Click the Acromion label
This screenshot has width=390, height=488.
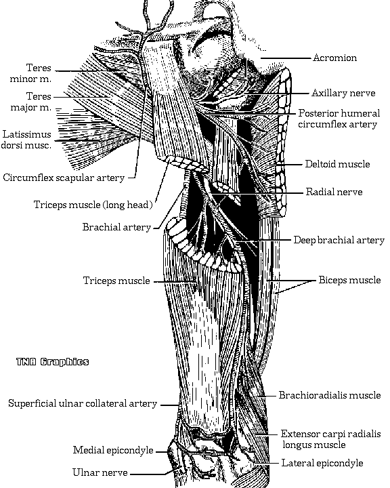[334, 58]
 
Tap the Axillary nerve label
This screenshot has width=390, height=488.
[343, 93]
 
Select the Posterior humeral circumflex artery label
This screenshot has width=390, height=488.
[339, 119]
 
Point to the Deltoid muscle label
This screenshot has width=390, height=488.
[337, 164]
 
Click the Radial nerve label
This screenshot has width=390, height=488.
[334, 192]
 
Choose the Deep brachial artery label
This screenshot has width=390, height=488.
[339, 240]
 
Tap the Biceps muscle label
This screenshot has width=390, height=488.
[349, 280]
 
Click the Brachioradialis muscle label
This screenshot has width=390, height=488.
[330, 395]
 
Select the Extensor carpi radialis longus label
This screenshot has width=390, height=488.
[331, 439]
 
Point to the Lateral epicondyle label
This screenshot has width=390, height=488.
[322, 463]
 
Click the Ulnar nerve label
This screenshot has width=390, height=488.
[100, 472]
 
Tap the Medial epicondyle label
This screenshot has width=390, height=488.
[113, 450]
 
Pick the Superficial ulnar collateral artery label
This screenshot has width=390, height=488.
[83, 404]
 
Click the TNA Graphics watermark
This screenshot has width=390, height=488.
[53, 362]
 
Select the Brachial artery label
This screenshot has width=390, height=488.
[116, 227]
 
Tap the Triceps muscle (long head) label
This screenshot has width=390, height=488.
[93, 205]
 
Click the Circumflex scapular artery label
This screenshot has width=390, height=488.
[64, 178]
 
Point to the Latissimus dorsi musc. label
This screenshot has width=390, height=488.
[26, 140]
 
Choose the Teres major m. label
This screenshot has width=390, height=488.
[30, 102]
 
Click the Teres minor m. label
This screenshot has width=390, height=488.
[30, 73]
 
